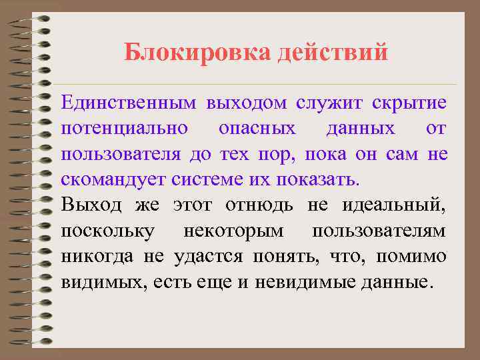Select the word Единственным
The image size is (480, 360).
click(x=129, y=103)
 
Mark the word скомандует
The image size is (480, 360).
click(x=113, y=179)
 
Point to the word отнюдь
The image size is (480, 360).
click(x=259, y=205)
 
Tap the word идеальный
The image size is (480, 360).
click(x=394, y=205)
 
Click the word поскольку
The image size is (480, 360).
click(x=108, y=230)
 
